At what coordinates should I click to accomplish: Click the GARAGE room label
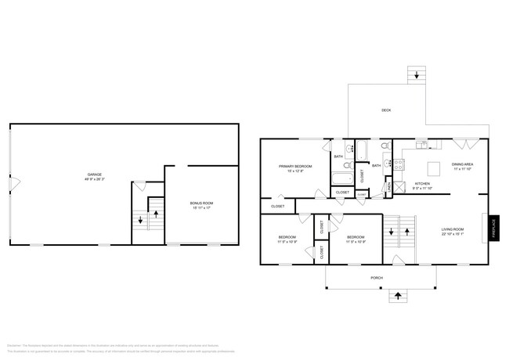point(95,173)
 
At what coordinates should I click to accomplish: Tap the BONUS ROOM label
point(202,203)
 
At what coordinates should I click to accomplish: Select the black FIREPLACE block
point(494,228)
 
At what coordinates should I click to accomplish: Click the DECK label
point(386,110)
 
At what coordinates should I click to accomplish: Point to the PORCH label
point(377,278)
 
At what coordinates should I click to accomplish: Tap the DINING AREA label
point(463,164)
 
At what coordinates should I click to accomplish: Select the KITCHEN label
point(423,184)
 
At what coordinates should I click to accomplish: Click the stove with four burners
point(398,164)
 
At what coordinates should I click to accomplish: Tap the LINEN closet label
point(388,186)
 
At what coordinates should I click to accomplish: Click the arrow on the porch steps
point(399,296)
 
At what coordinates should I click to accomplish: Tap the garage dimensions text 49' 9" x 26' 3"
point(95,178)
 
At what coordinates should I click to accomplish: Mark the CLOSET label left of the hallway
point(278,206)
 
